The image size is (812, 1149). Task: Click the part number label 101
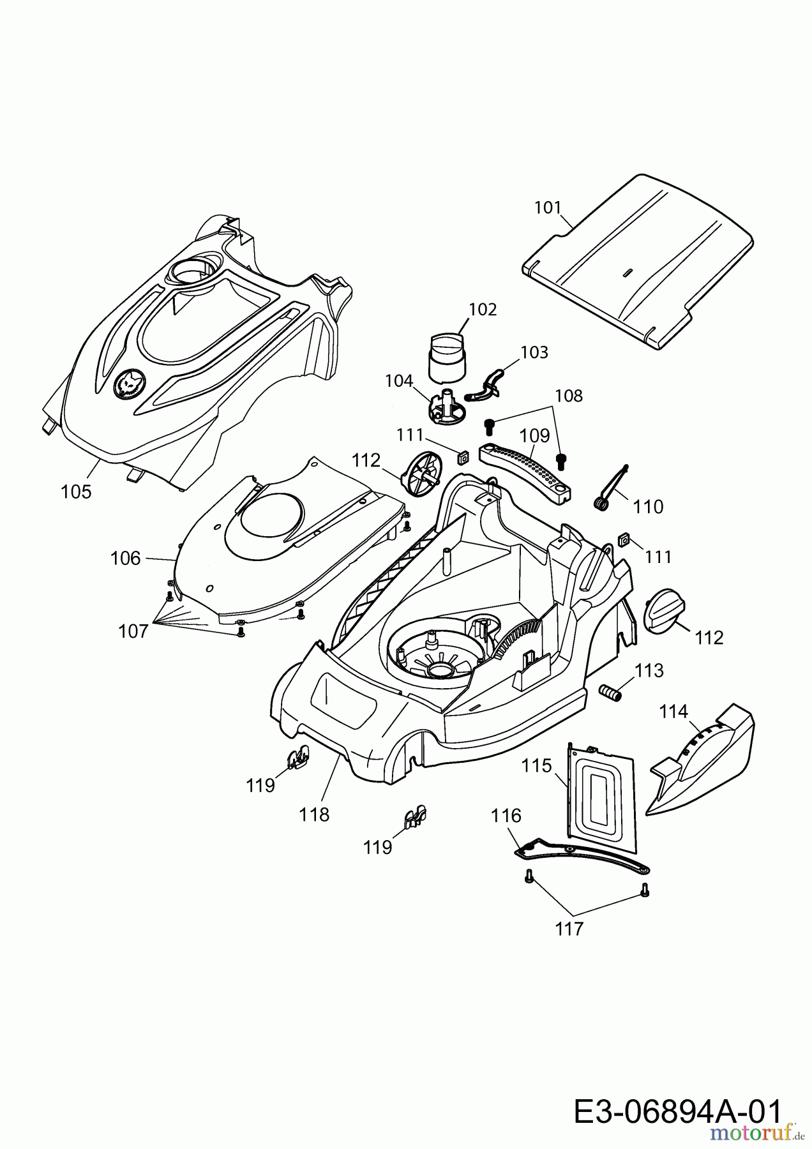[547, 207]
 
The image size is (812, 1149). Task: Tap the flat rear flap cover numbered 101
[638, 261]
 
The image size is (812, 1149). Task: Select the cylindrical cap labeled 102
[447, 355]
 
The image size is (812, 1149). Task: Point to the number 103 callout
[534, 352]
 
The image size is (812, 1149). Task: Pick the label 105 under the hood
[76, 492]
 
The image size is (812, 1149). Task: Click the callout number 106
[125, 559]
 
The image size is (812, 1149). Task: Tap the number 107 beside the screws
[133, 631]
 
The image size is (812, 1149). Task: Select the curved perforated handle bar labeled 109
[527, 473]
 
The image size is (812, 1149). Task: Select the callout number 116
[506, 816]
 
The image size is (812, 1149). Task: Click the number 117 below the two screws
[569, 929]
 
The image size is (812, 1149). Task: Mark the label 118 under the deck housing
[315, 815]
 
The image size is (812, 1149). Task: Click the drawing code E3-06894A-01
[677, 1095]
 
